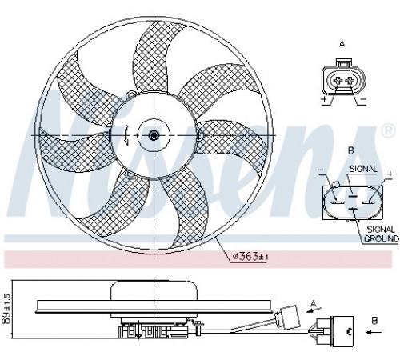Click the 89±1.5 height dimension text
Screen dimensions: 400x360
8,309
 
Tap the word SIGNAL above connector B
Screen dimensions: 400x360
363,169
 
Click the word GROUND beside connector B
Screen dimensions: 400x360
382,238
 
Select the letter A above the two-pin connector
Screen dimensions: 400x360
342,43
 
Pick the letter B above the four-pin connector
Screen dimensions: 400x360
351,150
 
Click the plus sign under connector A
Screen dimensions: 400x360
324,99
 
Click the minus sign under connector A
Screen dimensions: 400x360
363,99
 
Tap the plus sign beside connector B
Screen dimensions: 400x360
390,174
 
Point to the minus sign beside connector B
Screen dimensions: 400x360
322,170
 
